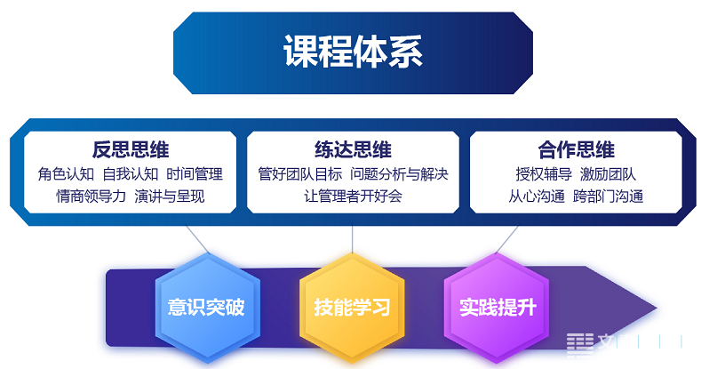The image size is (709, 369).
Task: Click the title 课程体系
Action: tap(353, 52)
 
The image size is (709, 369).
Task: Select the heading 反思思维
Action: tap(131, 150)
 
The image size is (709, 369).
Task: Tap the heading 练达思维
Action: tap(353, 150)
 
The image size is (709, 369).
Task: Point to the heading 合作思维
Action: tap(576, 150)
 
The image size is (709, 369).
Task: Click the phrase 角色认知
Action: tap(66, 174)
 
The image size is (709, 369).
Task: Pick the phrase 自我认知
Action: tap(131, 174)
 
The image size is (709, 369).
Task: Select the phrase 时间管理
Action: tap(195, 174)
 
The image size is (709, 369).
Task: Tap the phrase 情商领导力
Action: tap(91, 197)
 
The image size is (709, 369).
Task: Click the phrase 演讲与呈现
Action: tap(170, 197)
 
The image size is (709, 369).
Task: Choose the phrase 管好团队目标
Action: tap(300, 174)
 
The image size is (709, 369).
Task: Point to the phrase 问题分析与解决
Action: tap(399, 174)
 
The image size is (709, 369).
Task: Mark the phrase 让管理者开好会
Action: tap(353, 197)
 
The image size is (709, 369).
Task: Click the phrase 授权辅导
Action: tap(544, 174)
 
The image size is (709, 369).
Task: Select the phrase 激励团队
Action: tap(609, 174)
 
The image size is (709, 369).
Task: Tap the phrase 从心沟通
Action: tap(537, 197)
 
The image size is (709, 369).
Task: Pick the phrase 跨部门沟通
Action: tap(609, 197)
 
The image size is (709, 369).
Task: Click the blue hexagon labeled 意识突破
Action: tap(208, 308)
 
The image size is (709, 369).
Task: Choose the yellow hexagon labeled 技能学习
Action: tap(352, 308)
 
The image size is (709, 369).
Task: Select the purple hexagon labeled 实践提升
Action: tap(497, 308)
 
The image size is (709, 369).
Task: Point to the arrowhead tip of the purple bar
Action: tap(657, 309)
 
